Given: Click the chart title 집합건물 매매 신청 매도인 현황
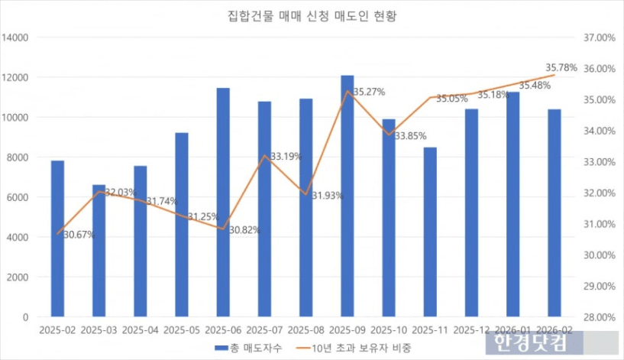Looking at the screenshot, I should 312,16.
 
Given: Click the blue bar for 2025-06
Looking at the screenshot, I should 223,202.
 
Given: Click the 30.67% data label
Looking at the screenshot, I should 79,235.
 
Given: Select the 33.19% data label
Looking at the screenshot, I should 286,157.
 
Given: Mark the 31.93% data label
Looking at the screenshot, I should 328,196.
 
